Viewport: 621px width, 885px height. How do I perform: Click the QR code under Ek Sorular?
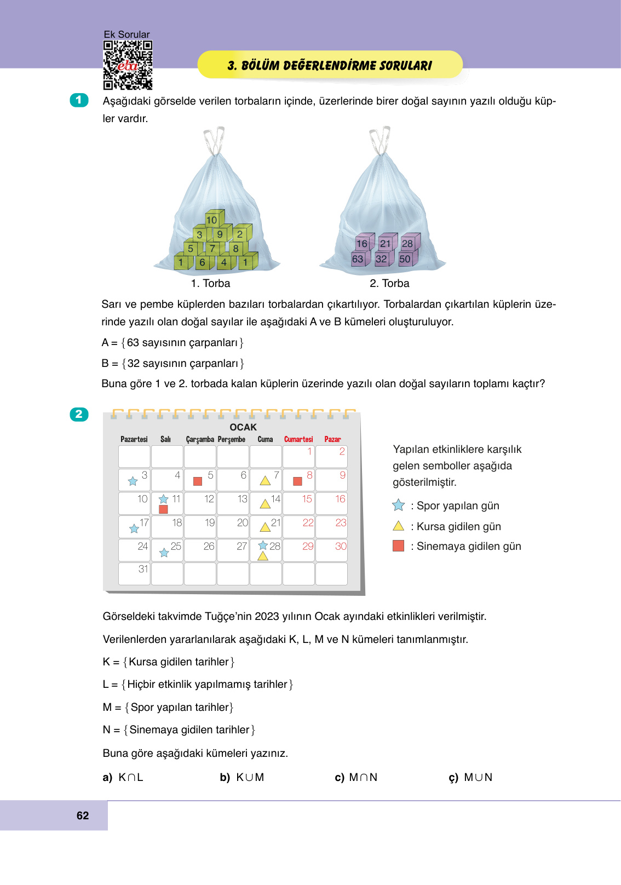tap(128, 65)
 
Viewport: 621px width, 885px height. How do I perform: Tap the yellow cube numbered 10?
tap(212, 219)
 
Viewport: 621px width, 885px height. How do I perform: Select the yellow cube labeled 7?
tap(212, 248)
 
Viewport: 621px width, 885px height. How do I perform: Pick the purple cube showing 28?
tap(408, 243)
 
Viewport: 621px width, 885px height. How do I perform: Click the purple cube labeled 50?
tap(406, 258)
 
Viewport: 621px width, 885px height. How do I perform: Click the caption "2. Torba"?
tap(389, 283)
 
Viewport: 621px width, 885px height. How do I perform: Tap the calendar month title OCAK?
tap(243, 427)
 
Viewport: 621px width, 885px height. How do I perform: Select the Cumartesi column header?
tap(298, 439)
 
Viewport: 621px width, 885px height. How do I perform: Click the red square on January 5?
tap(198, 481)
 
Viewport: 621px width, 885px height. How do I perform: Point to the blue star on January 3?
tap(133, 481)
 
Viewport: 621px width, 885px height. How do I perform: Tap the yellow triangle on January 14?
tap(265, 504)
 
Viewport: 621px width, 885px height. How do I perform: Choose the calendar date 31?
tap(143, 569)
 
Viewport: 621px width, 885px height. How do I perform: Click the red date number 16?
tap(340, 499)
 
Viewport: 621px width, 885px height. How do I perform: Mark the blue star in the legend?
tap(399, 505)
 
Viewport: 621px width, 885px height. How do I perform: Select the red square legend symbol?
tap(399, 546)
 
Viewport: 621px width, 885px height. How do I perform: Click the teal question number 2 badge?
tap(79, 414)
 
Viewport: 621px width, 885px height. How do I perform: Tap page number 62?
tap(83, 815)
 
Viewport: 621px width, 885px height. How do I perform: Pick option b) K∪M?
tap(242, 777)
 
